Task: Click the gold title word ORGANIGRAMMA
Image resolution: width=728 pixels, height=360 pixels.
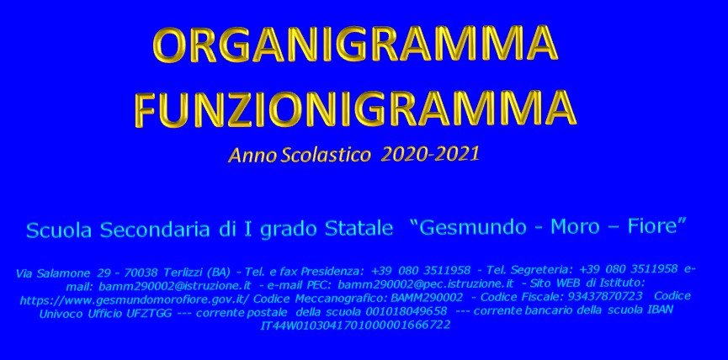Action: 355,45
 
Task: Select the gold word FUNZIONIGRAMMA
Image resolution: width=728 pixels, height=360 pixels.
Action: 355,109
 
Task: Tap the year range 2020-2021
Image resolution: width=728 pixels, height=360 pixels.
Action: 429,155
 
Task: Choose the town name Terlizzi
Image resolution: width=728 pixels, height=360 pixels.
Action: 184,272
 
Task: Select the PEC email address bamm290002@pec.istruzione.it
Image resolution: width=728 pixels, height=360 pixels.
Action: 426,283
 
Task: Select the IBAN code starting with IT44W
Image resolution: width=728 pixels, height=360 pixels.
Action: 355,326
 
